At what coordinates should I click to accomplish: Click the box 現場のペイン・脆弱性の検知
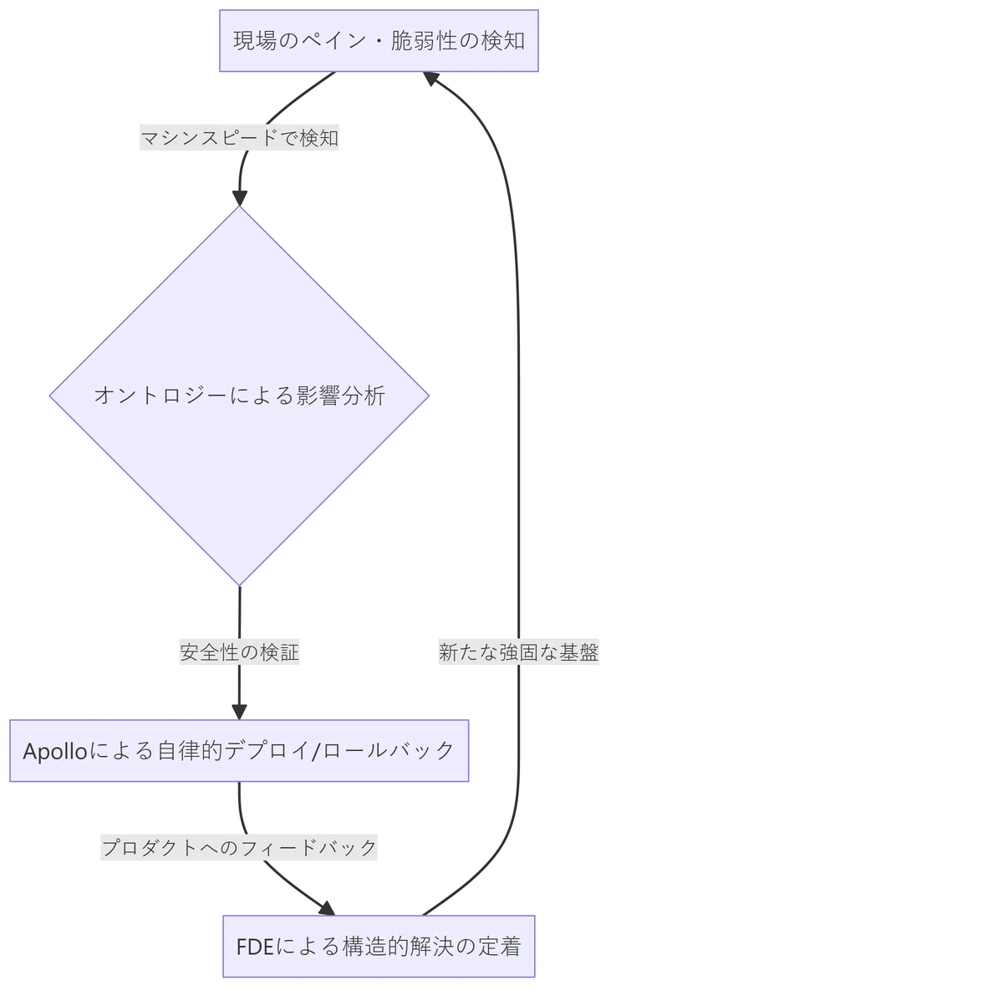[379, 41]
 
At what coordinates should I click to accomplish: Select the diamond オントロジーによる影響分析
[239, 396]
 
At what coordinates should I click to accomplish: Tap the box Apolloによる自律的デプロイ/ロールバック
[239, 751]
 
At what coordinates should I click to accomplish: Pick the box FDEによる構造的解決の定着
[379, 946]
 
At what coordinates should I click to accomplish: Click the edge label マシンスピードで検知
[239, 137]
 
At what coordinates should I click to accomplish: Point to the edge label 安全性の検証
[239, 651]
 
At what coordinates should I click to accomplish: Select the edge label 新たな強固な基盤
[518, 651]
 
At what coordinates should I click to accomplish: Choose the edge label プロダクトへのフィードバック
[239, 847]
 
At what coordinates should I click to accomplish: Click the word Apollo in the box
[55, 752]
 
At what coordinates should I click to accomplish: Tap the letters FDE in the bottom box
[255, 947]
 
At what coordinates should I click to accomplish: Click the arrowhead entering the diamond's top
[239, 198]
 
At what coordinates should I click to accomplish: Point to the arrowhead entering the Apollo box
[239, 713]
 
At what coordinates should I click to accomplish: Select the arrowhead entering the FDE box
[328, 909]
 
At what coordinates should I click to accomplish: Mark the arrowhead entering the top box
[430, 78]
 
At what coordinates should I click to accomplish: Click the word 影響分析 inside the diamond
[341, 396]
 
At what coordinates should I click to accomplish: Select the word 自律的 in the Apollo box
[190, 751]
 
